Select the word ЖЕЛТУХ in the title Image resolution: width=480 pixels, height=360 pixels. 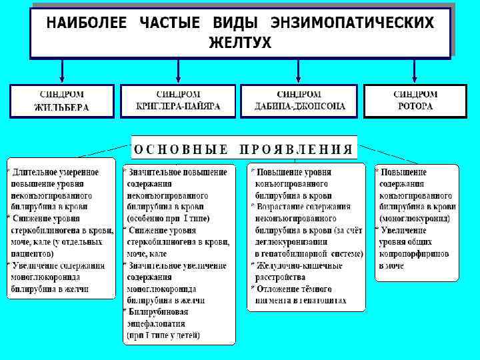tap(240, 42)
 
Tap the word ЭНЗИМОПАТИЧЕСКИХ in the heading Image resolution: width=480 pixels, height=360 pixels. tap(353, 23)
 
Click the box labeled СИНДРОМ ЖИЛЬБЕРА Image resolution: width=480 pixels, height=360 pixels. tap(62, 101)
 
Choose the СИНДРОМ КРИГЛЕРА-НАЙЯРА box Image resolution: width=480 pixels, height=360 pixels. tap(178, 101)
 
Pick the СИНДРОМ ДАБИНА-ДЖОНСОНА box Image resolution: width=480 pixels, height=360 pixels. tap(299, 101)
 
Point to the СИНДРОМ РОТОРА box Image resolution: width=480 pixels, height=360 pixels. tap(415, 101)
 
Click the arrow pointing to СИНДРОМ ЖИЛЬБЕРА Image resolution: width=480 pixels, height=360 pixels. tap(62, 71)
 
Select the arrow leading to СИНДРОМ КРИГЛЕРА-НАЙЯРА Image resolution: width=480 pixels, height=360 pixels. tap(178, 71)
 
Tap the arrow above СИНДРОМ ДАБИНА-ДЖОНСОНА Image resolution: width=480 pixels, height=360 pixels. tap(298, 71)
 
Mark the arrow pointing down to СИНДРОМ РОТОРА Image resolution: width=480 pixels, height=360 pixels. tap(415, 71)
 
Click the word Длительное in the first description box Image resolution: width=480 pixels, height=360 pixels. tap(37, 172)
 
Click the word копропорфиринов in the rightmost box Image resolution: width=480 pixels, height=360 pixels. tap(414, 254)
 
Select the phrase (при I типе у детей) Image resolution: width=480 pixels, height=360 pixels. tap(164, 335)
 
